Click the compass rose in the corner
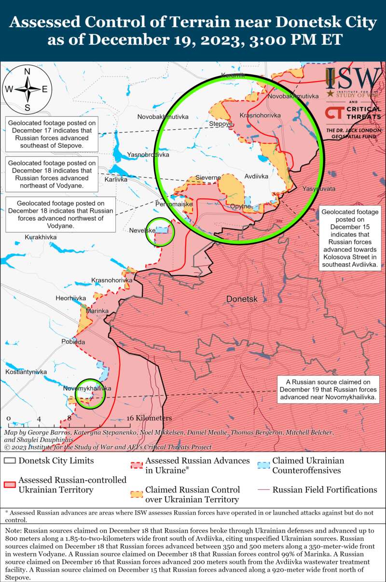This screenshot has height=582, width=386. pyautogui.click(x=28, y=89)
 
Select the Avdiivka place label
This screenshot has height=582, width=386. pyautogui.click(x=256, y=176)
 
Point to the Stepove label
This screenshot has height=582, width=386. pyautogui.click(x=221, y=124)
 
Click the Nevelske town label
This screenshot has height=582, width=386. pyautogui.click(x=142, y=230)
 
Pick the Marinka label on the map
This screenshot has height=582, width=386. pyautogui.click(x=97, y=311)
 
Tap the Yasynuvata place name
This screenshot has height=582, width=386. pyautogui.click(x=319, y=189)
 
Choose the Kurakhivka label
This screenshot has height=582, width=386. pyautogui.click(x=41, y=237)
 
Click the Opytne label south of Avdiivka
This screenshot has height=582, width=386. pyautogui.click(x=240, y=206)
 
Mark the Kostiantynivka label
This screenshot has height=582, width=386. pyautogui.click(x=26, y=372)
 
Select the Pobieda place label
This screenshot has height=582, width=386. pyautogui.click(x=73, y=342)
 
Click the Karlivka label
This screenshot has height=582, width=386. pyautogui.click(x=116, y=179)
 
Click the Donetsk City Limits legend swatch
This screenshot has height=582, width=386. pyautogui.click(x=9, y=460)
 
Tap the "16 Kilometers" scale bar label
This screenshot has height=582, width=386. pyautogui.click(x=150, y=418)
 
